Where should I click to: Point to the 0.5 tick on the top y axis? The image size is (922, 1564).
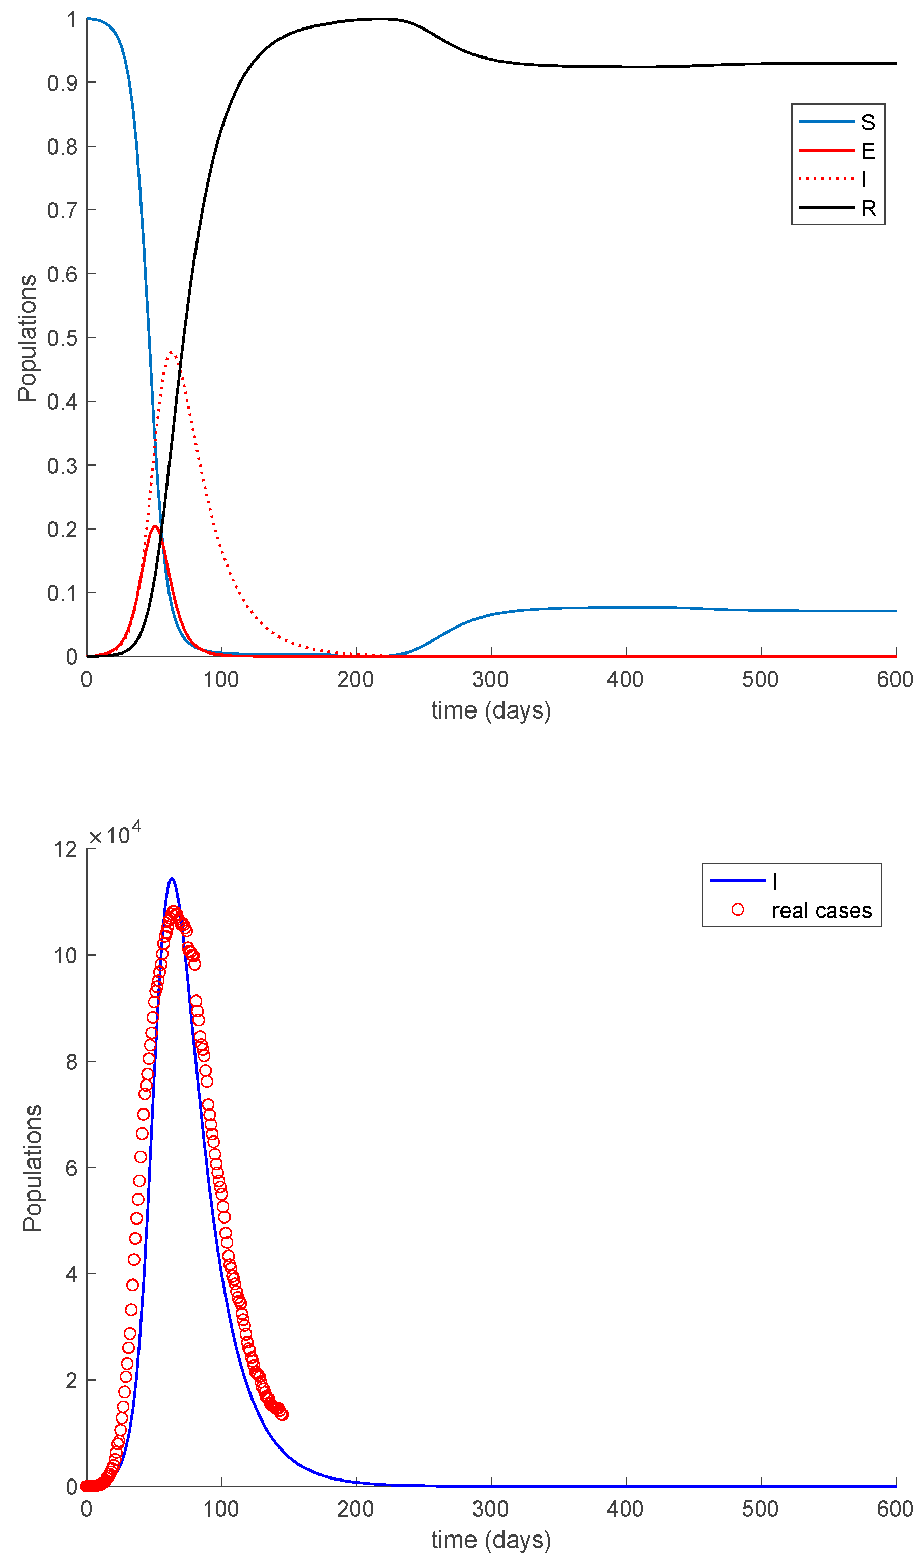[63, 338]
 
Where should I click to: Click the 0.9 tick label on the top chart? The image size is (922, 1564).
[63, 83]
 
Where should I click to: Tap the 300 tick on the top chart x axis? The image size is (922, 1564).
[491, 679]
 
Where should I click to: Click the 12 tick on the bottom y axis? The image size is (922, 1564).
[65, 850]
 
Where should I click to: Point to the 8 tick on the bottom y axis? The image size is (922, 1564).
[71, 1062]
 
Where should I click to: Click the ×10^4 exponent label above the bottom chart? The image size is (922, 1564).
[116, 834]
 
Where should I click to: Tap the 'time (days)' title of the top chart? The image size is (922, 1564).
[491, 710]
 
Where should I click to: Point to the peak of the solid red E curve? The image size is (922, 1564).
[155, 527]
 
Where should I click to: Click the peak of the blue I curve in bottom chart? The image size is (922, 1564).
[172, 879]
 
